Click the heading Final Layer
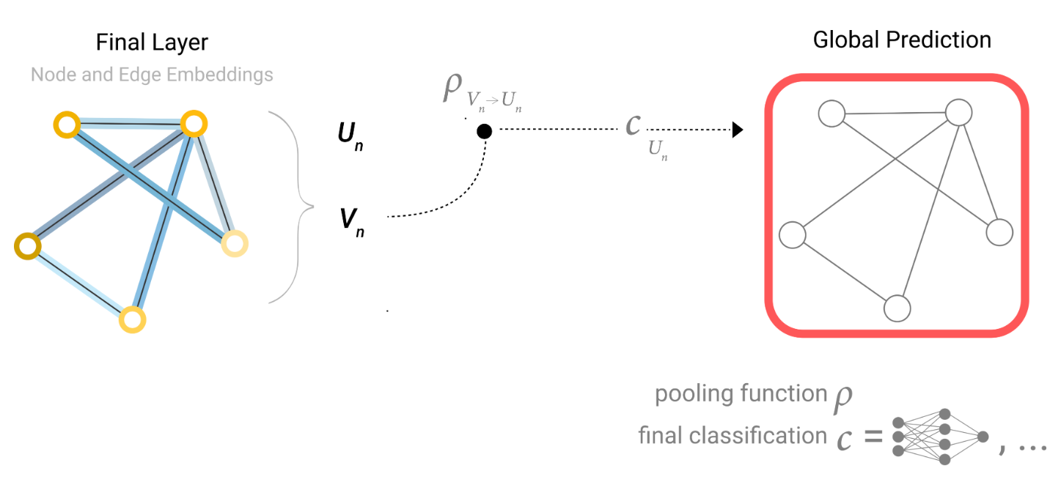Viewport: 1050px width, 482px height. coord(152,42)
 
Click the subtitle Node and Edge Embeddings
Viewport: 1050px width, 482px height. coord(152,75)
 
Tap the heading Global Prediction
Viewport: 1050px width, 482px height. coord(902,40)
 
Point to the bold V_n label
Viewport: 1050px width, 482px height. coord(348,219)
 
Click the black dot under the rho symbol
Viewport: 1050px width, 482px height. coord(484,131)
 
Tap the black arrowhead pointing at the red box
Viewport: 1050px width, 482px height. coord(738,130)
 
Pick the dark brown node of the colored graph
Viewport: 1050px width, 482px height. coord(27,245)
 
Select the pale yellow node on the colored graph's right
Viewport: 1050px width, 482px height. coord(235,244)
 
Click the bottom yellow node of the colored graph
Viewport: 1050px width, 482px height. coord(133,319)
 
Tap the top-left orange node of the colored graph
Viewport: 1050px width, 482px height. coord(66,125)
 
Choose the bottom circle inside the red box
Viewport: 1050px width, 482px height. coord(897,308)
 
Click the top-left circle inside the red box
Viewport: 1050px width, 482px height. coord(831,114)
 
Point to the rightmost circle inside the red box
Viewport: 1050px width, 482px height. coord(999,232)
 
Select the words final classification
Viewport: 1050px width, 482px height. coord(733,437)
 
